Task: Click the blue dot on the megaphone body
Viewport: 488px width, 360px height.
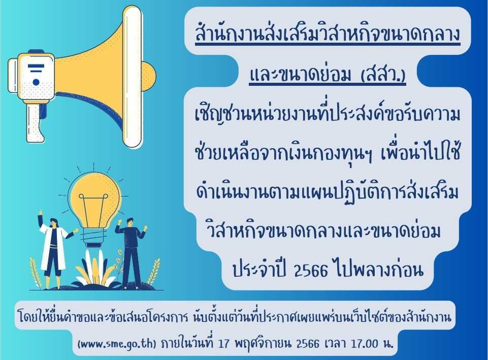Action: [x=36, y=82]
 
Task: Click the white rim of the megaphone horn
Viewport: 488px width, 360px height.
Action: [x=133, y=76]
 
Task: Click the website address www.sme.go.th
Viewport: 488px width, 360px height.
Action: [x=117, y=344]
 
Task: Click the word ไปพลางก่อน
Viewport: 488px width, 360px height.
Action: [x=378, y=269]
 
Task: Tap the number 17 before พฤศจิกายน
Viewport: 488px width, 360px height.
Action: [x=224, y=344]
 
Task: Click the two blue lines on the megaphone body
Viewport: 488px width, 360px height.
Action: [x=36, y=68]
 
